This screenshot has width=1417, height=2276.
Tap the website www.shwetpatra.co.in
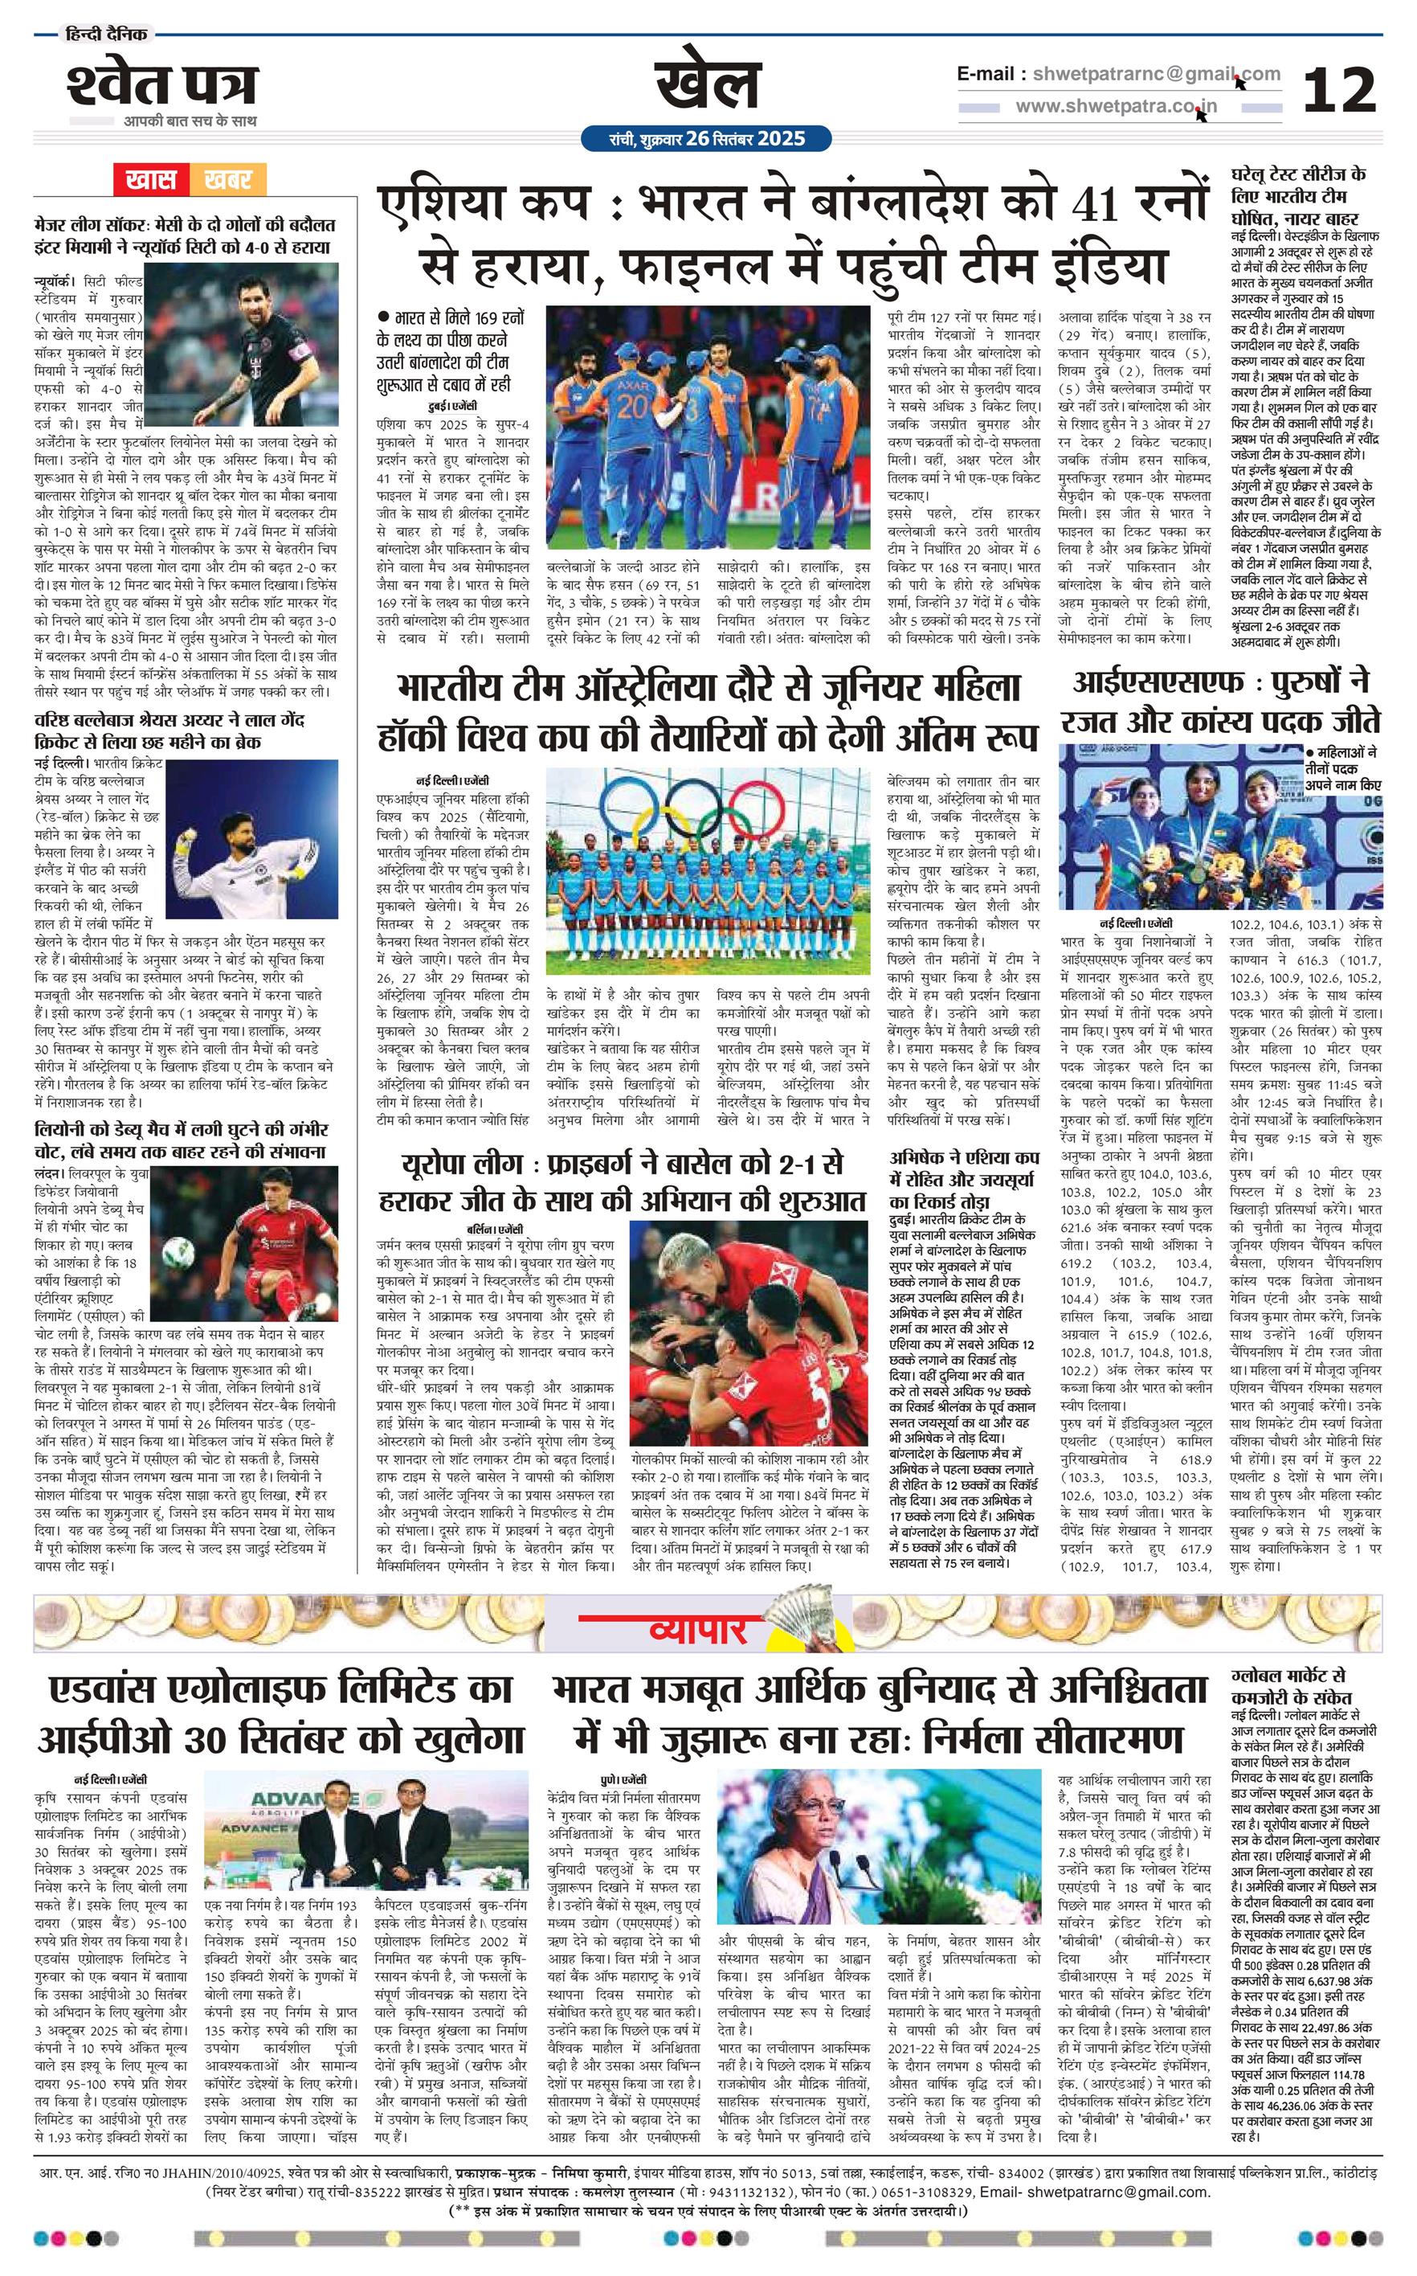(1117, 106)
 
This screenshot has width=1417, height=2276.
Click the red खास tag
(151, 179)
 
